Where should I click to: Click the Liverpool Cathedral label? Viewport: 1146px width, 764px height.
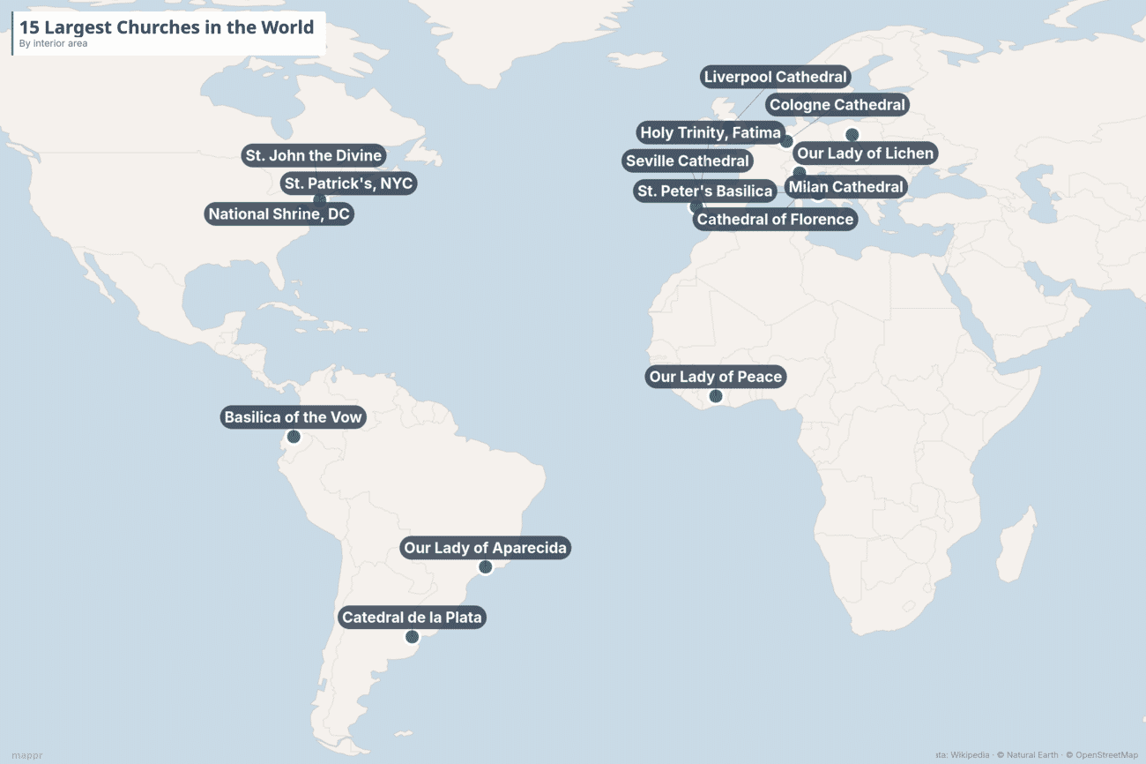775,77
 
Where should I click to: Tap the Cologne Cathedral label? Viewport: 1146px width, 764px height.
837,105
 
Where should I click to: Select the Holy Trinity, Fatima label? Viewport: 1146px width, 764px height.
710,133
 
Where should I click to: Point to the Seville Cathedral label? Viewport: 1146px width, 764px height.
687,161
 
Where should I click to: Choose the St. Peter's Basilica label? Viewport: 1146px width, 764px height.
704,191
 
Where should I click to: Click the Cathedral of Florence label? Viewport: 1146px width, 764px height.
775,219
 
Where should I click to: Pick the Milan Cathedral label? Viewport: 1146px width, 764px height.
845,187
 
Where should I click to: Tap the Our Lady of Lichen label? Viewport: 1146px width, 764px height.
865,154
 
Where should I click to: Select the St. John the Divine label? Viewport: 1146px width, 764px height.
313,156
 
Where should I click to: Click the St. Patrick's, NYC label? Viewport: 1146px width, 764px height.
347,184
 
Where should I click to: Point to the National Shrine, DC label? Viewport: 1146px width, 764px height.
279,213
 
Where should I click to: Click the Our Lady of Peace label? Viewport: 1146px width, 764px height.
715,377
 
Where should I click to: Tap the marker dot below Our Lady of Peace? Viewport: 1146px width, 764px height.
716,397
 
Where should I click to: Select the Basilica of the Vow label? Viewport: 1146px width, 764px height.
293,417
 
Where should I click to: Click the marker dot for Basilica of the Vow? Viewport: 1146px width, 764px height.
294,437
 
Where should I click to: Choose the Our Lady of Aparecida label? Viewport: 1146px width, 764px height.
485,548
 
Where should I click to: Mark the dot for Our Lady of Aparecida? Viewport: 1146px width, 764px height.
485,567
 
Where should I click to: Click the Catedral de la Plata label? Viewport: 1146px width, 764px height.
412,618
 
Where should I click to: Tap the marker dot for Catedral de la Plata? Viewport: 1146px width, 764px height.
412,637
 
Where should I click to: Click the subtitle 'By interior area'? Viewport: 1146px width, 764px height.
54,43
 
